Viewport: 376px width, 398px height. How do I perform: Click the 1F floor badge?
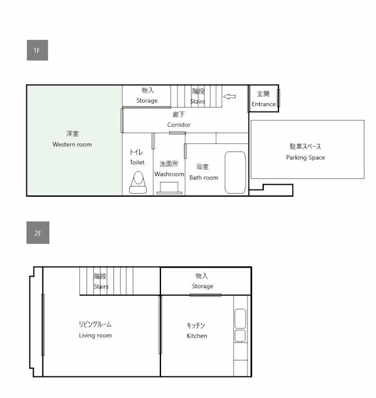(37, 50)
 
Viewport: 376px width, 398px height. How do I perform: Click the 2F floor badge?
(37, 233)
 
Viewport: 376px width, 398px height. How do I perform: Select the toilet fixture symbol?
(137, 182)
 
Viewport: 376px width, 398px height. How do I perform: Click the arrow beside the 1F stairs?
(229, 96)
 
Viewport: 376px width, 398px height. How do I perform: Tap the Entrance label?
(263, 104)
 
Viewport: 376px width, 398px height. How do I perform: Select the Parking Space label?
(305, 157)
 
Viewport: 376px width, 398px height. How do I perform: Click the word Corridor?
(179, 124)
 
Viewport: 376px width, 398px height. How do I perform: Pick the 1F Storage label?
(147, 100)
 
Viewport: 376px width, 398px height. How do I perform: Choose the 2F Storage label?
(202, 286)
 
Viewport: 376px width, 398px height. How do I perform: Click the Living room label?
(95, 335)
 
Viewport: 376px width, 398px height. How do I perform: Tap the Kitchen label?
(196, 336)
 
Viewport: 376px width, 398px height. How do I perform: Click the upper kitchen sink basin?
(240, 319)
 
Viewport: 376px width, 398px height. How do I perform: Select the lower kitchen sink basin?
(240, 336)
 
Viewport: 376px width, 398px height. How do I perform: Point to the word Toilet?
(137, 162)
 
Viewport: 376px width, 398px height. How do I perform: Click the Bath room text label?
(203, 177)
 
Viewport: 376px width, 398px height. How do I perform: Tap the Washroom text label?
(169, 174)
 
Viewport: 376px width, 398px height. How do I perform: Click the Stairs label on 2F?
(101, 286)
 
